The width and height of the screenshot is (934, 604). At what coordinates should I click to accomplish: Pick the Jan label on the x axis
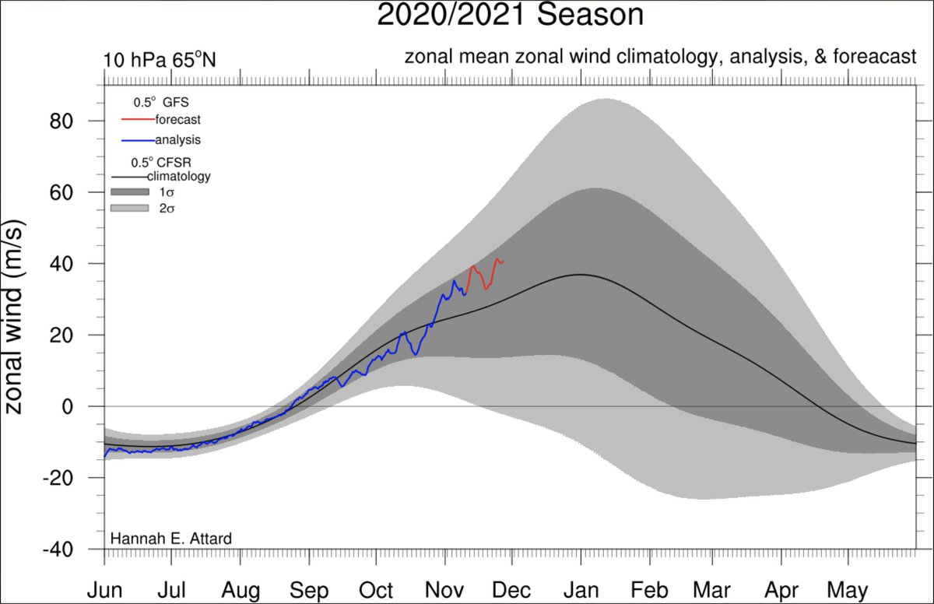point(580,590)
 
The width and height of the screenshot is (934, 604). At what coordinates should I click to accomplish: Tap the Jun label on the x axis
point(104,590)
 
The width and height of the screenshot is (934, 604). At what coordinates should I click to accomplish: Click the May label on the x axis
point(847,590)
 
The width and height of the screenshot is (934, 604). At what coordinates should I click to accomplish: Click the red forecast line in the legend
point(138,120)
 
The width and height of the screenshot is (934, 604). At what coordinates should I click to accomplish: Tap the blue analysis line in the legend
point(138,140)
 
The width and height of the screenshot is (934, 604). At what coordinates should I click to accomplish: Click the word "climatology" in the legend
point(179,177)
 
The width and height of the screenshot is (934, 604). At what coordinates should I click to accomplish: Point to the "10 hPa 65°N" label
point(159,60)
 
